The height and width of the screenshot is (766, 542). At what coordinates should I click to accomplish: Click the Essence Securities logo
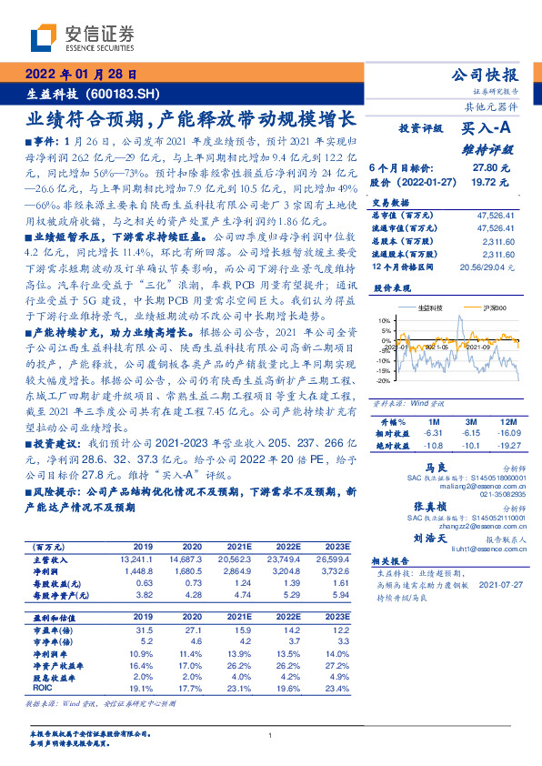tap(83, 37)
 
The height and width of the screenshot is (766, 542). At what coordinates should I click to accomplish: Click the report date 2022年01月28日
tap(83, 76)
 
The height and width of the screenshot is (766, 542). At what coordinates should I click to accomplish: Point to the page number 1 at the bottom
tap(271, 736)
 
